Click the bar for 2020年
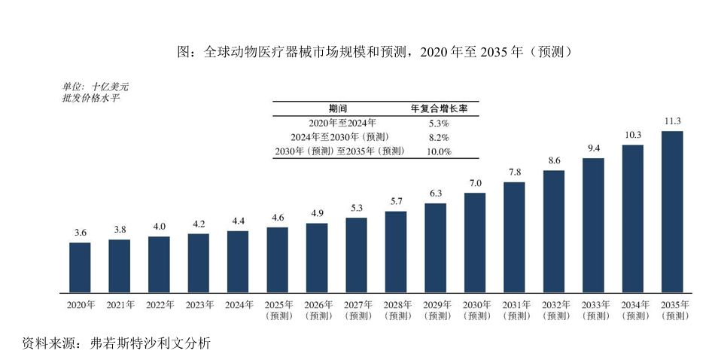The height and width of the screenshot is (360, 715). pyautogui.click(x=80, y=267)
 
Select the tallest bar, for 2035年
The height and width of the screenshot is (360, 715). pyautogui.click(x=671, y=212)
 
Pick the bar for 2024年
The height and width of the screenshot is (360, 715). pyautogui.click(x=238, y=261)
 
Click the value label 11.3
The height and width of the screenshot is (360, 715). pyautogui.click(x=672, y=121)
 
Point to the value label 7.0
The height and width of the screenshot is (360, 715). pyautogui.click(x=474, y=183)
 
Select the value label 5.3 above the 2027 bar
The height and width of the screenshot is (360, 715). pyautogui.click(x=356, y=208)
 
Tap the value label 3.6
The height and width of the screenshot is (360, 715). pyautogui.click(x=80, y=233)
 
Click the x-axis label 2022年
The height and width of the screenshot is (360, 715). pyautogui.click(x=159, y=305)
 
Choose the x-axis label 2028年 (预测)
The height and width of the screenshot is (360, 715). pyautogui.click(x=395, y=310)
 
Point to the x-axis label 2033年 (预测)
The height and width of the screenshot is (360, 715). pyautogui.click(x=593, y=310)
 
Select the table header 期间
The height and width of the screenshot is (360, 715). pyautogui.click(x=338, y=108)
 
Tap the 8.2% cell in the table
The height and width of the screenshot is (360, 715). pyautogui.click(x=439, y=137)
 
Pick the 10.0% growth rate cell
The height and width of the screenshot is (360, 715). pyautogui.click(x=439, y=151)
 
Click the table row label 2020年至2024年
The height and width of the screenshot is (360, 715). pyautogui.click(x=342, y=122)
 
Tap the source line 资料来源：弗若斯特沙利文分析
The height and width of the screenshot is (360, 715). pyautogui.click(x=117, y=343)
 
